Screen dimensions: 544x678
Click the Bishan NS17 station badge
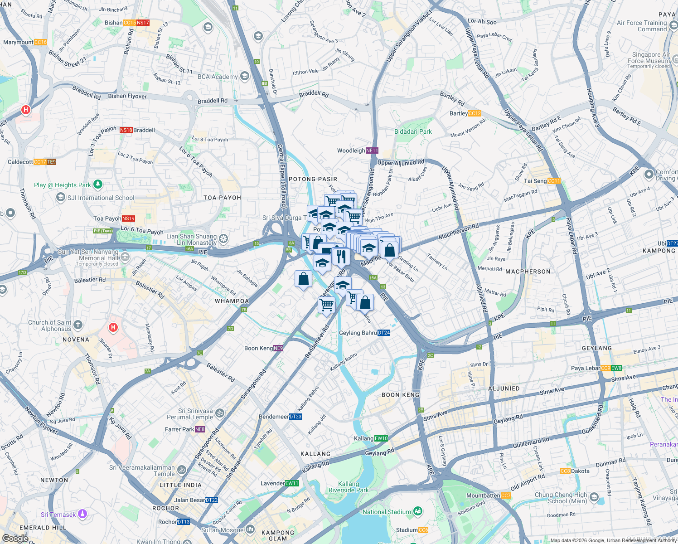143,23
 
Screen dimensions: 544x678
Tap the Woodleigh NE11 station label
357,151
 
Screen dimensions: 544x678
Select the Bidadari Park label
413,131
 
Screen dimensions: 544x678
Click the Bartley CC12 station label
465,113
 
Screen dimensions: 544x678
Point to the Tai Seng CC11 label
542,181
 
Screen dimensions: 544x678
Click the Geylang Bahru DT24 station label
364,333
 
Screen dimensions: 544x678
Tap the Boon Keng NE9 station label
264,348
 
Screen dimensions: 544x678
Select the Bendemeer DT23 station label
280,417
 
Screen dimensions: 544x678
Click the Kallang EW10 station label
371,438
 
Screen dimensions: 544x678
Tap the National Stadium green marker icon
418,511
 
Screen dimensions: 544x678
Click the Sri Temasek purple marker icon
82,514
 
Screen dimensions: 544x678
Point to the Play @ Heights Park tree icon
98,185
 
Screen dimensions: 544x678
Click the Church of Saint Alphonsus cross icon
78,325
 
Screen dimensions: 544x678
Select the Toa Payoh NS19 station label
114,219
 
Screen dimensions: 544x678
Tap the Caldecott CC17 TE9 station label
32,162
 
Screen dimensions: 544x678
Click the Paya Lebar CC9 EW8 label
596,368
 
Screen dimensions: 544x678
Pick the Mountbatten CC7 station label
489,495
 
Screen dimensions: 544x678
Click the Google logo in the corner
15,538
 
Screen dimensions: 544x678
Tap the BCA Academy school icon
245,76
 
